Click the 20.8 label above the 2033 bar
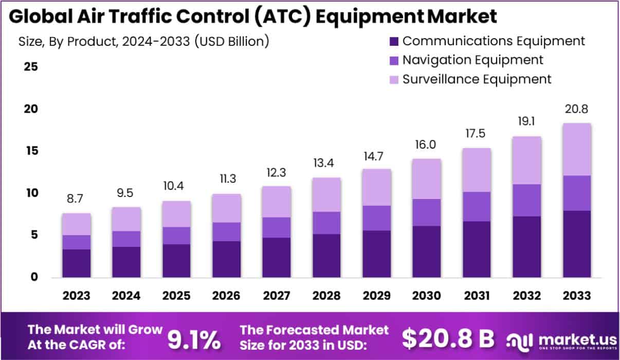pos(576,109)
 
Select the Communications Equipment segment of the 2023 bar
pos(77,263)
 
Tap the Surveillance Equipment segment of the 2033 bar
pos(576,149)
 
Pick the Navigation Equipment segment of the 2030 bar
pos(426,212)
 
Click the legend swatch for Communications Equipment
pos(394,41)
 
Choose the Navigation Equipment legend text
pos(472,60)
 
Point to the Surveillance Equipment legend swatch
pos(394,80)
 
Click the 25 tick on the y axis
pos(29,67)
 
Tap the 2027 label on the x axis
pos(276,296)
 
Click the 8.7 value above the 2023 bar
pos(77,200)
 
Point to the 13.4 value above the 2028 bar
pos(326,164)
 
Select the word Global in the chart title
pos(41,16)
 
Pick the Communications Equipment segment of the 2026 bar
pos(226,259)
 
